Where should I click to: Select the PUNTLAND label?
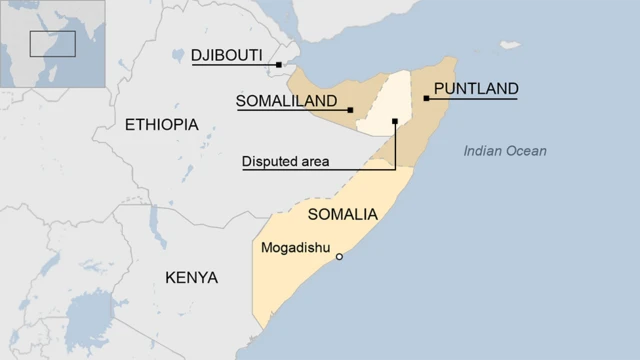click(x=475, y=88)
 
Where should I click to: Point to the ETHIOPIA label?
click(x=162, y=124)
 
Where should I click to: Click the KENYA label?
click(x=191, y=276)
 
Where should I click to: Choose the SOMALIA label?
click(x=342, y=214)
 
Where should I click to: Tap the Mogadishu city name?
click(x=295, y=247)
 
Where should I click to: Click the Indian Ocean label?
click(x=505, y=151)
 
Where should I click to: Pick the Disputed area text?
click(x=286, y=160)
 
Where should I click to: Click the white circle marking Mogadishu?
click(x=339, y=257)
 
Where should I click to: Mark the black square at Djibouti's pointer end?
click(x=279, y=65)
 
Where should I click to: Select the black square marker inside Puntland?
click(x=426, y=98)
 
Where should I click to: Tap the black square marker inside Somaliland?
click(x=350, y=110)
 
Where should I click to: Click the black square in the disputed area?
click(x=395, y=122)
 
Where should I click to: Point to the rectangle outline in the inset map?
click(x=52, y=44)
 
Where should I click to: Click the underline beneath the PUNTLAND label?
click(x=475, y=98)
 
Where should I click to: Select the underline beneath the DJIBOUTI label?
click(x=235, y=65)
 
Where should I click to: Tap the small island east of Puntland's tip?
click(x=511, y=45)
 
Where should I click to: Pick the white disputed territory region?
click(x=385, y=105)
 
